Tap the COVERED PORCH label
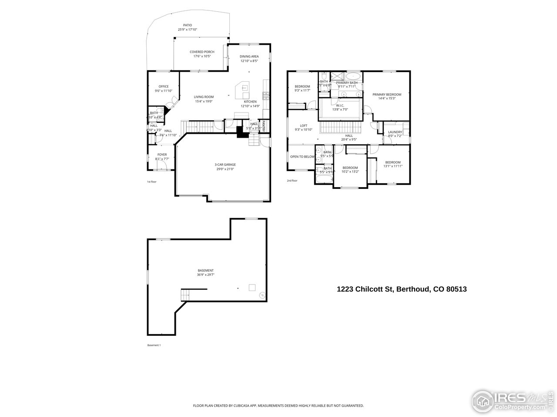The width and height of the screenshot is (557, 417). coord(202,52)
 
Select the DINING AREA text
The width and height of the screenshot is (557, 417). coord(249,56)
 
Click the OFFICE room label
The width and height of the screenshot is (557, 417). coord(164,86)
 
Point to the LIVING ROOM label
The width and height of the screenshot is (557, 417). coord(204,97)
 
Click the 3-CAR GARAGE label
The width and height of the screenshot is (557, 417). coord(225,165)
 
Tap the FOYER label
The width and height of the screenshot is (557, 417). coord(162,155)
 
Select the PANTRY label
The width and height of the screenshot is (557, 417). coord(264,125)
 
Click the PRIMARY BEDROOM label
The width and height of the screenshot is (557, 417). coord(386,94)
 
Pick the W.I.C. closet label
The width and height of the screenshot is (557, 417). coord(340,105)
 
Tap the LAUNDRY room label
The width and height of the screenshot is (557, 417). coord(395,132)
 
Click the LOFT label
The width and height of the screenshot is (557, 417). coord(303,126)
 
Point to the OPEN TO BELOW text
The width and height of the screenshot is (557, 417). coord(302,156)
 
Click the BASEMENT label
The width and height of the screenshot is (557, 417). coord(205,270)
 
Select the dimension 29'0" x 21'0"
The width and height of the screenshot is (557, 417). coord(225,169)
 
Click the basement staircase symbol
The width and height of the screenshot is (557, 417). coord(185,295)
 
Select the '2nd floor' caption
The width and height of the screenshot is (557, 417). coord(292,181)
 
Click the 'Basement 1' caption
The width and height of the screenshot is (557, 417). coord(154,345)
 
